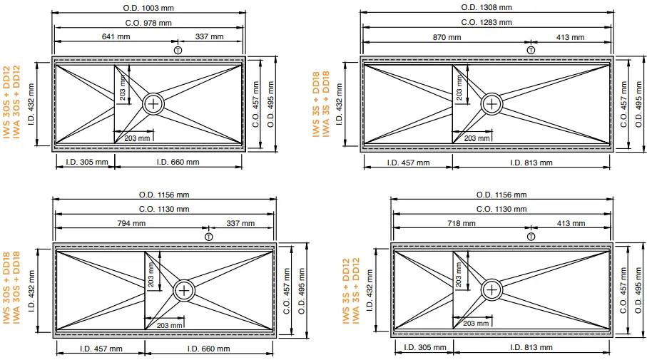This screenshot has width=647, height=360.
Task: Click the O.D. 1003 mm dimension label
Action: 148,8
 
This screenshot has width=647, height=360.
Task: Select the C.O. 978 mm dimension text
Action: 148,22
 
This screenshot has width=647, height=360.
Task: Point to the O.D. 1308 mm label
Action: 486,7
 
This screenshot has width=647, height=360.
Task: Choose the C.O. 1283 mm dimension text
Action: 486,22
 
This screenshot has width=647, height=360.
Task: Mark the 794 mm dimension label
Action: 133,223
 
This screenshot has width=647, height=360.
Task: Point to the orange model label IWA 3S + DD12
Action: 356,292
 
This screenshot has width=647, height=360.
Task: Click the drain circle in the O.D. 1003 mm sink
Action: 153,103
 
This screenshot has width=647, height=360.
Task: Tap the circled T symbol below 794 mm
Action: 208,235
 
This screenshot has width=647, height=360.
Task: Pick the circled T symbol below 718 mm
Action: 531,235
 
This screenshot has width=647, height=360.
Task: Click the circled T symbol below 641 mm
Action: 177,49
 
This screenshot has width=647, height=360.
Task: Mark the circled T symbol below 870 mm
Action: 531,49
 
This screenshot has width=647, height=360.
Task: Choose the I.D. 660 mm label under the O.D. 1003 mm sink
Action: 178,162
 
